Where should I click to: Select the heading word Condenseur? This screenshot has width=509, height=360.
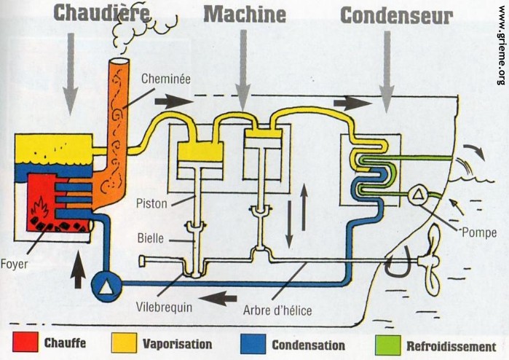click(396, 15)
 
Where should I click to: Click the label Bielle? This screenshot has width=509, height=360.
click(151, 238)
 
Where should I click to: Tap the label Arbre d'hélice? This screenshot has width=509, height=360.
click(277, 310)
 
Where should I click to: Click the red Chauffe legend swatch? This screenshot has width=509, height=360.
click(23, 343)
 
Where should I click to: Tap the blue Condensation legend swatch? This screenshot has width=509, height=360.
click(252, 343)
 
